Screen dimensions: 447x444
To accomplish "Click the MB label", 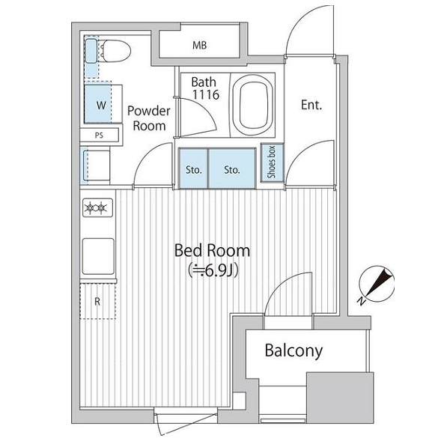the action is point(200,45).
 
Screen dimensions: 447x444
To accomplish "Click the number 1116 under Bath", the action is point(206,94).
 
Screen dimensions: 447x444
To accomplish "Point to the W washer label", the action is point(101,106).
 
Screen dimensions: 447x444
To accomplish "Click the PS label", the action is point(99,136).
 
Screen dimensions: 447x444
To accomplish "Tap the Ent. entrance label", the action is point(311,105).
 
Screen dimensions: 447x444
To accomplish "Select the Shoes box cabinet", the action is point(273,162).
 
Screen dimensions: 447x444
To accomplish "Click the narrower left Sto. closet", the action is point(194,168).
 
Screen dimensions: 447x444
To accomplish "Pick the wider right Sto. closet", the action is point(232,168).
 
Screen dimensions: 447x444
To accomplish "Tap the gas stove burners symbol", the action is point(97,207).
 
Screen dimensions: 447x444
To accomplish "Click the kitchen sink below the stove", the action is point(98,256).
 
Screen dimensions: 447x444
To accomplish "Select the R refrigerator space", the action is point(98,301).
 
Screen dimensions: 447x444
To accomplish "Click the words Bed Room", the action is point(212,250).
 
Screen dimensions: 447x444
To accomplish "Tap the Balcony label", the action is point(294,350).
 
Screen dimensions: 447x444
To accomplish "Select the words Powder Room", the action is point(149,118).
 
